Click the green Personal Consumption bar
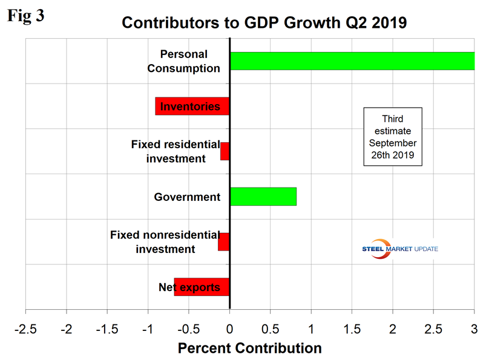tap(352, 61)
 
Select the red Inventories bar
tap(192, 106)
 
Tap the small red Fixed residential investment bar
tap(225, 151)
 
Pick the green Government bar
tap(263, 197)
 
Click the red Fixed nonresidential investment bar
tap(224, 242)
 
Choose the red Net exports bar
tap(202, 287)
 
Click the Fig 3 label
tap(25, 16)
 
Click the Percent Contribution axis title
tap(249, 349)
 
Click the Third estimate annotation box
tap(392, 137)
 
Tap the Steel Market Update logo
tap(399, 249)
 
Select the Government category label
tap(187, 197)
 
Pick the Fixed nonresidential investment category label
tap(161, 242)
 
